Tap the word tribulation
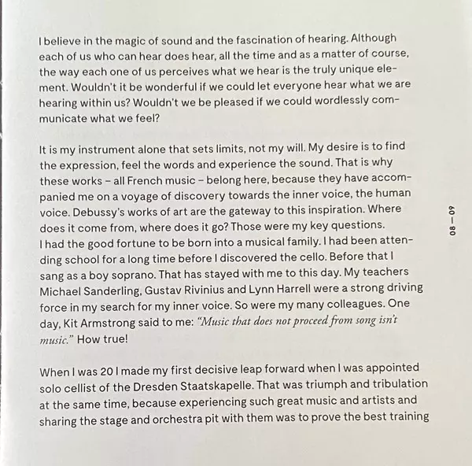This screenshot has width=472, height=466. coord(396,384)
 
